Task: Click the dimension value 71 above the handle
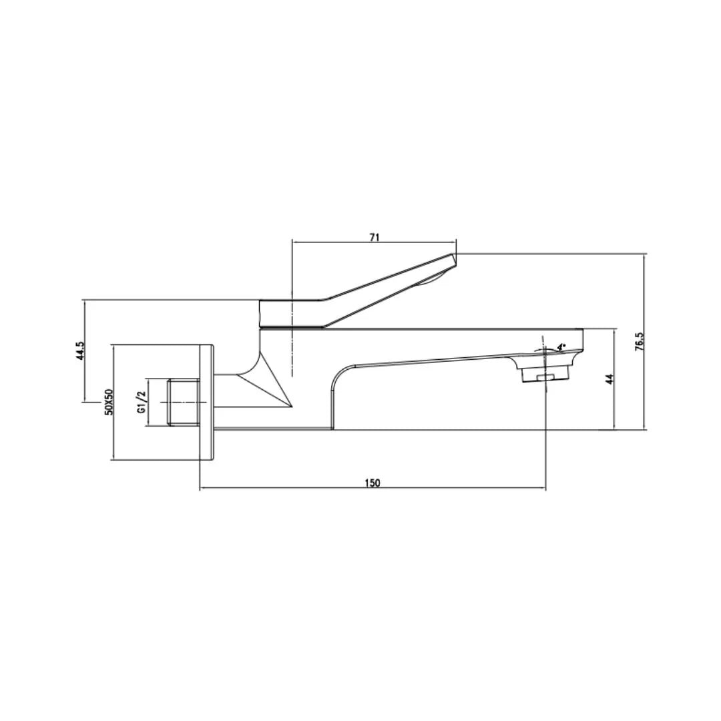[375, 237]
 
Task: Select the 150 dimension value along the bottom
[373, 483]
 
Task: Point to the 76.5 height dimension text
[639, 341]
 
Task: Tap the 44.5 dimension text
[80, 351]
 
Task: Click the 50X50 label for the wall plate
[109, 402]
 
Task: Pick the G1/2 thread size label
[142, 403]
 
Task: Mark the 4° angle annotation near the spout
[561, 347]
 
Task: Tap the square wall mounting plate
[206, 402]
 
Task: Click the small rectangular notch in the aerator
[545, 379]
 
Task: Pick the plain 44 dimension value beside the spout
[609, 379]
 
